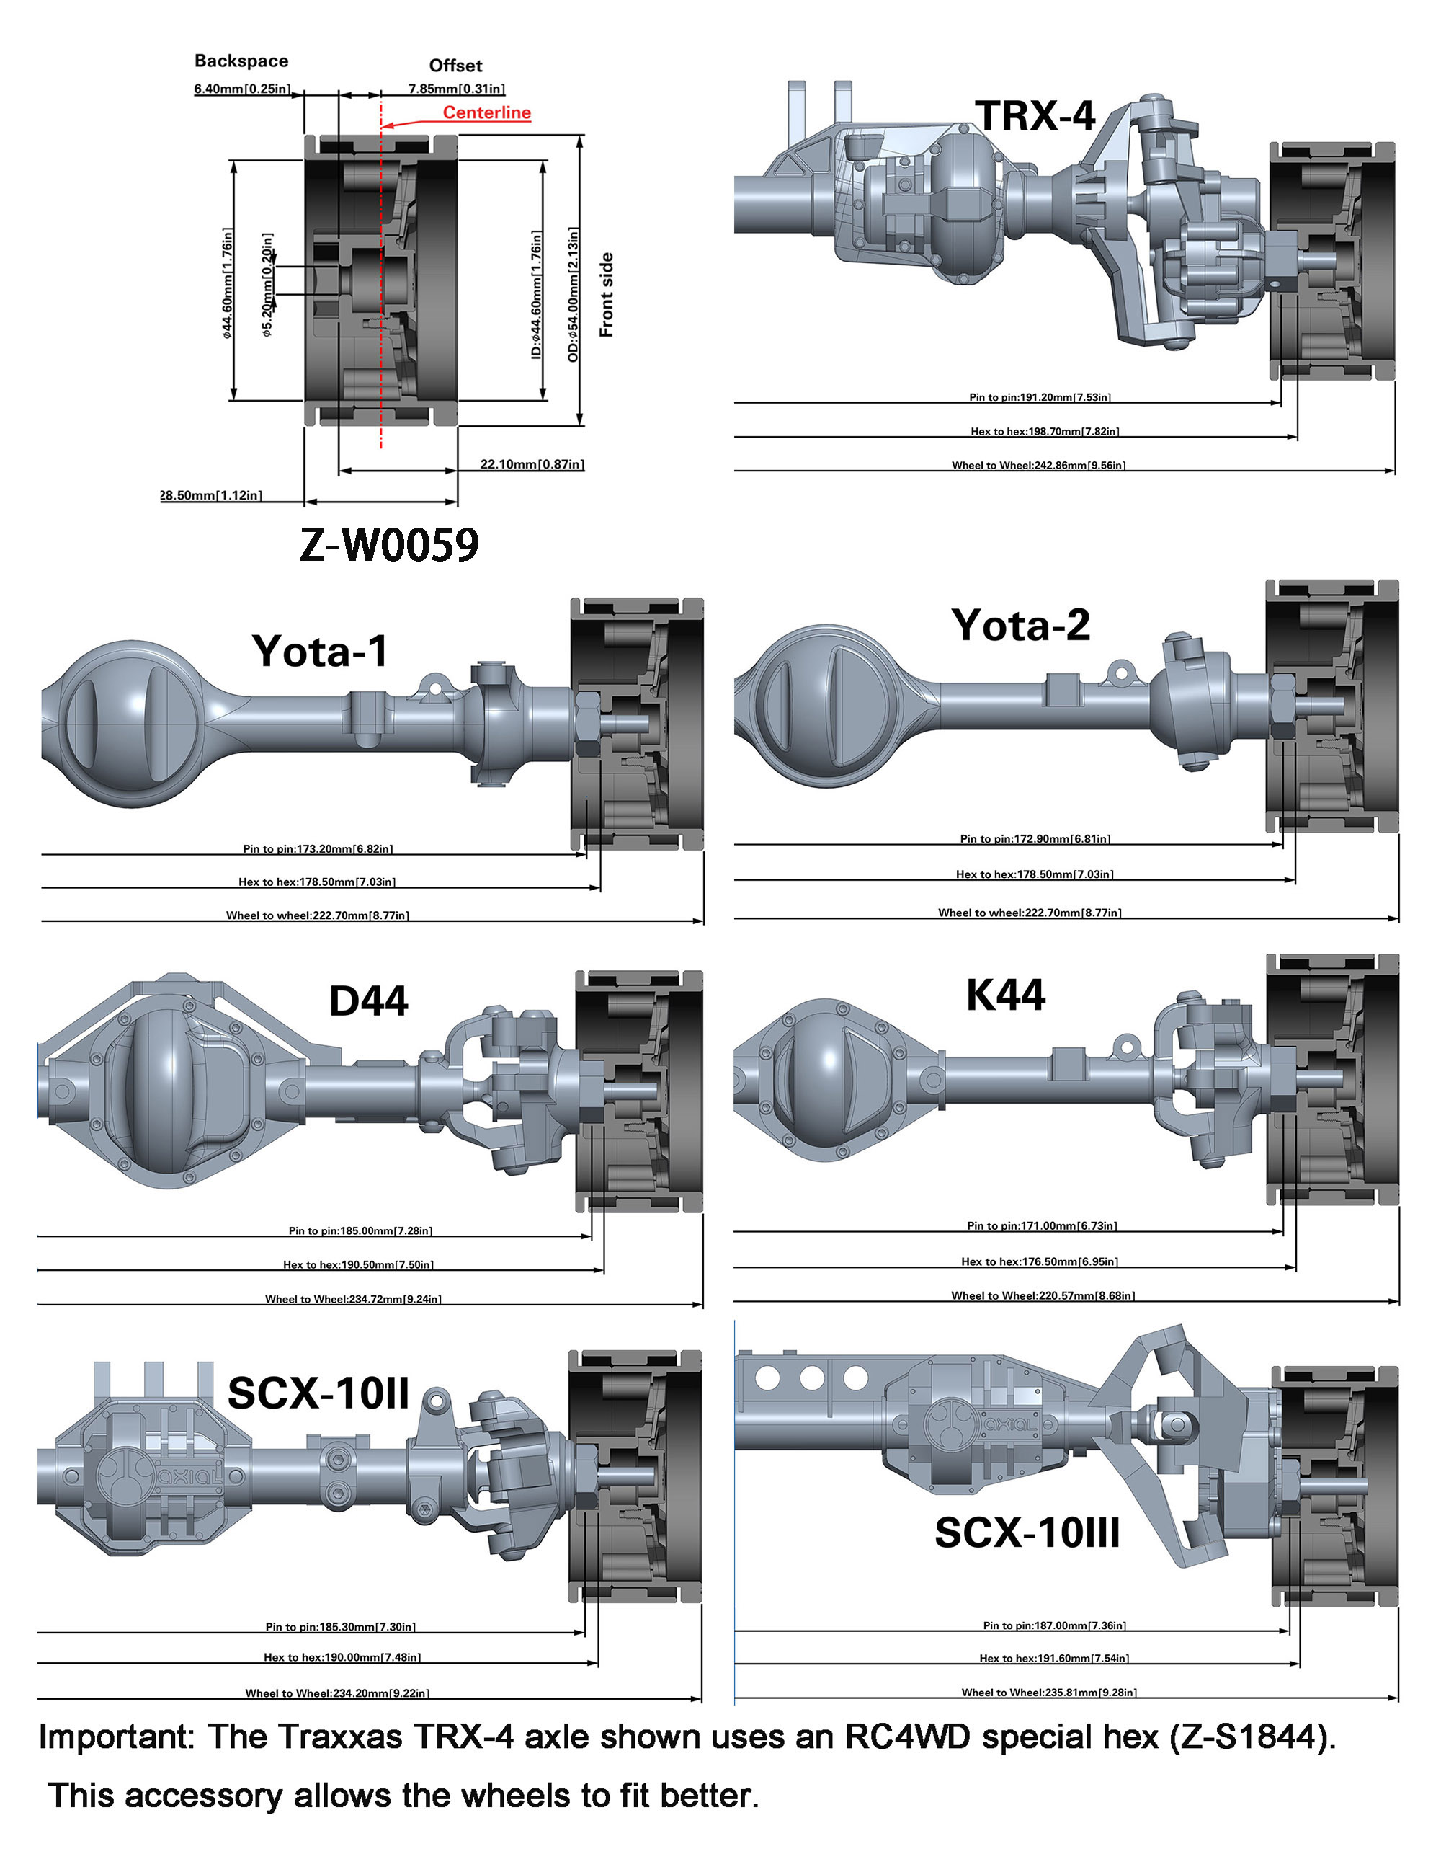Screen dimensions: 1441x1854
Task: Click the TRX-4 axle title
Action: click(1035, 116)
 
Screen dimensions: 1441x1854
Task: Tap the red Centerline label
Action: click(486, 113)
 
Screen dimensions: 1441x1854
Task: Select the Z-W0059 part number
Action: click(390, 544)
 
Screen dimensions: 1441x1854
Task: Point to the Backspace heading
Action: click(241, 61)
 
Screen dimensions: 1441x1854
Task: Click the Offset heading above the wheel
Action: click(456, 66)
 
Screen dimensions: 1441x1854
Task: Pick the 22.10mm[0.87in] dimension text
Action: click(532, 464)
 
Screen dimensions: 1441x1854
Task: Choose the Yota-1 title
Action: click(320, 651)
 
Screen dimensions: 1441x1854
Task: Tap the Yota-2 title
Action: click(1020, 626)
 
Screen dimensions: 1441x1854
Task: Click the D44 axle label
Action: click(368, 1001)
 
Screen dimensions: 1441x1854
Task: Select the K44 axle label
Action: click(1006, 995)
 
